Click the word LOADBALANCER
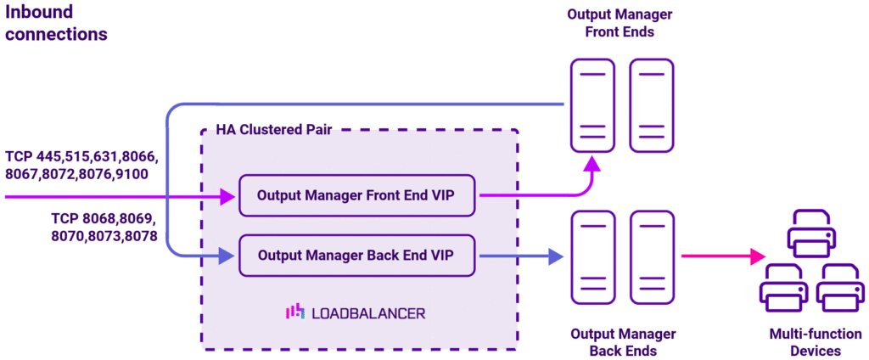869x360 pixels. (x=368, y=313)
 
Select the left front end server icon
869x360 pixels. (x=592, y=105)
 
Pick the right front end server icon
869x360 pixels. (x=651, y=105)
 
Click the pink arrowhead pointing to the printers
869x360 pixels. (x=759, y=255)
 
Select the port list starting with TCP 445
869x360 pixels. (x=81, y=166)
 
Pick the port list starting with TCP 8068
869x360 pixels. (x=104, y=227)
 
